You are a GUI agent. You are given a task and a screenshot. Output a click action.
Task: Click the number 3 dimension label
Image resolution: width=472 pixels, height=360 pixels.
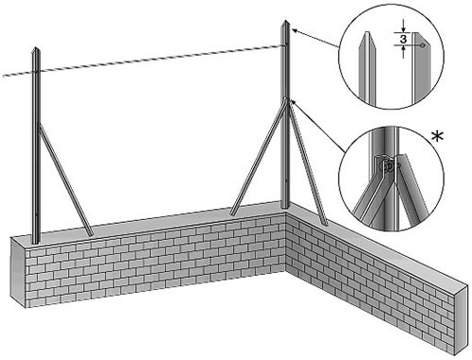[x=403, y=40]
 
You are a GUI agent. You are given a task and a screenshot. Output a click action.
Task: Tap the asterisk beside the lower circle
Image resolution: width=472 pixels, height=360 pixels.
[x=438, y=137]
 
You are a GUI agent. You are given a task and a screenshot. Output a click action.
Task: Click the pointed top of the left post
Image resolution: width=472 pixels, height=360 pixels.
[x=37, y=48]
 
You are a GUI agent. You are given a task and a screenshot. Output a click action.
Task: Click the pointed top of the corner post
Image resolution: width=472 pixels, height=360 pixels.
[x=286, y=22]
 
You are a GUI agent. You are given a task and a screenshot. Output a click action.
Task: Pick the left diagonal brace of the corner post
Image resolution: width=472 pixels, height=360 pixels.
[x=258, y=158]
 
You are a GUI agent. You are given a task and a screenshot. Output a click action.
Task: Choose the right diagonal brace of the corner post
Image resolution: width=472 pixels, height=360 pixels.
[x=308, y=163]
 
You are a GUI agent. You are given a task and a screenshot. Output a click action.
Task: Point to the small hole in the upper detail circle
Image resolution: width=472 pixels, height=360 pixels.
[x=423, y=45]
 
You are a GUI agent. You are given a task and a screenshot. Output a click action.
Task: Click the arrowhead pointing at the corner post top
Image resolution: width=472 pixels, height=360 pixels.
[x=295, y=30]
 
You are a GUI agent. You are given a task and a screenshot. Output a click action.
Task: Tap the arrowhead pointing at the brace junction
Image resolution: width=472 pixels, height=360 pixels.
[x=294, y=102]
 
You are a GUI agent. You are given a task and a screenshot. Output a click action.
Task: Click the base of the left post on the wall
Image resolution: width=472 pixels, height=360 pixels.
[x=36, y=241]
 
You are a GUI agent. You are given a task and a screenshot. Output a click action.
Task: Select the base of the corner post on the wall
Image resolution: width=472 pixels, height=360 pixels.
[x=285, y=207]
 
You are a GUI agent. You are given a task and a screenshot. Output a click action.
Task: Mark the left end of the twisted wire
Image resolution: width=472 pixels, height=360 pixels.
[x=4, y=76]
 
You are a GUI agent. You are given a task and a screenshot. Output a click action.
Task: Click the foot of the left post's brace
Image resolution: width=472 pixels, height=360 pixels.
[x=91, y=233]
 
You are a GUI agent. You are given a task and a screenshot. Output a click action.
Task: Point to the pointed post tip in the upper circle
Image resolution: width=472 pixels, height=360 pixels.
[x=366, y=33]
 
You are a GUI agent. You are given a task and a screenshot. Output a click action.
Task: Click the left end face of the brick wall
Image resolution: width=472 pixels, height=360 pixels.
[x=19, y=272]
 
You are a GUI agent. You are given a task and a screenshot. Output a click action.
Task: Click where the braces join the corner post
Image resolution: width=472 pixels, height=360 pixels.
[x=286, y=100]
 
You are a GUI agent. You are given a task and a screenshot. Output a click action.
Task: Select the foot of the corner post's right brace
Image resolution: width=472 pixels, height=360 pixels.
[x=325, y=224]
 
